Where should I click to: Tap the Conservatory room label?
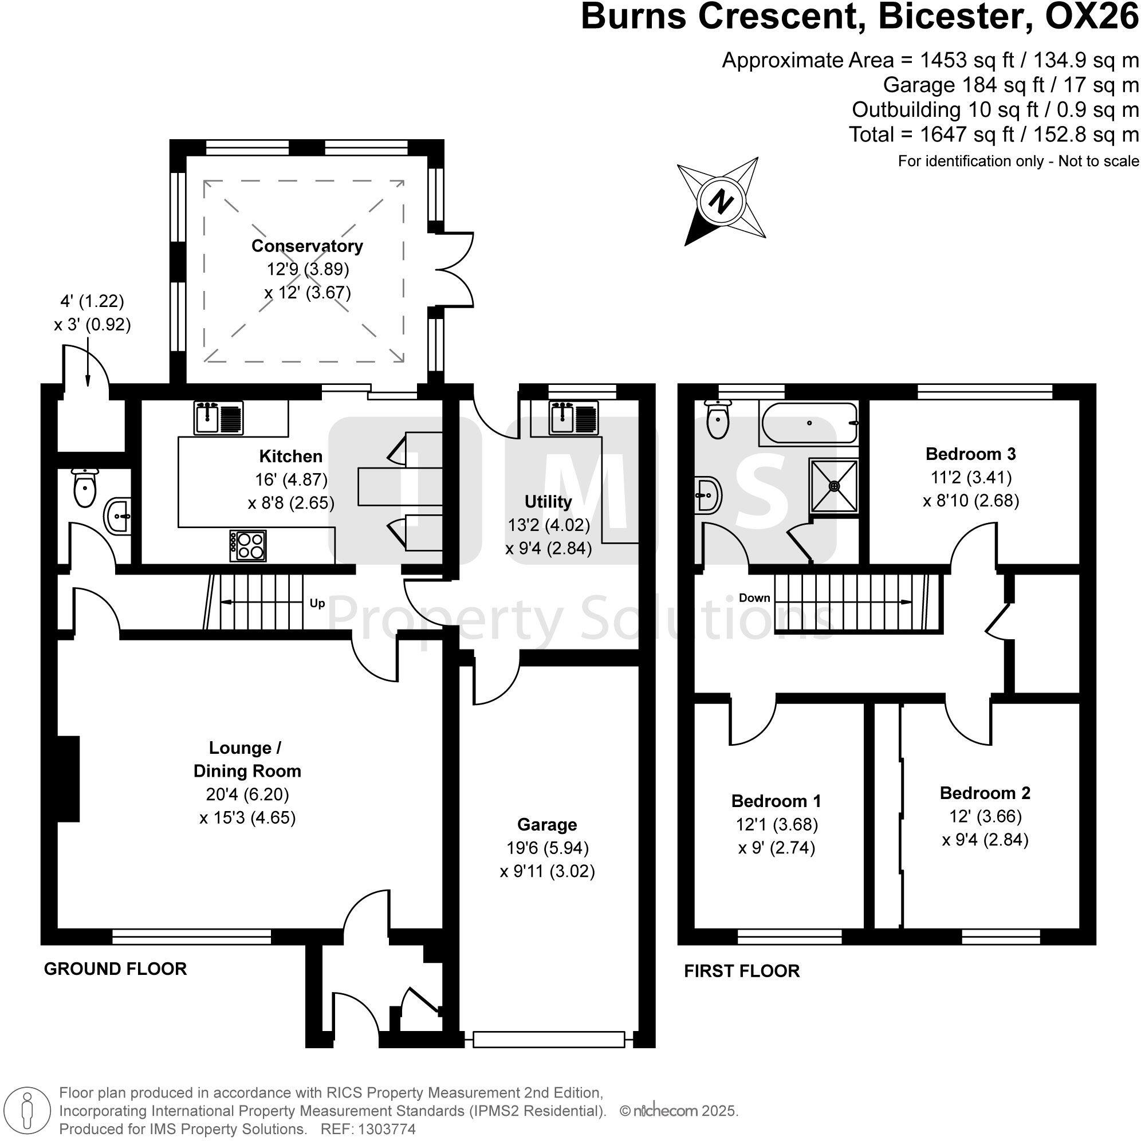pyautogui.click(x=306, y=246)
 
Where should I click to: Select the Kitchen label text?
pyautogui.click(x=290, y=456)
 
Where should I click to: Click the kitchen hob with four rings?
pyautogui.click(x=248, y=545)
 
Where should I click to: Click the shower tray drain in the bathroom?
pyautogui.click(x=835, y=486)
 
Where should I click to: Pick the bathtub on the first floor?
pyautogui.click(x=809, y=423)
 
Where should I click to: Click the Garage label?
pyautogui.click(x=547, y=824)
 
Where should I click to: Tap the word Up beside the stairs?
pyautogui.click(x=317, y=604)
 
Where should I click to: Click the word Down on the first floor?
pyautogui.click(x=754, y=597)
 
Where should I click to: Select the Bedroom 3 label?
pyautogui.click(x=970, y=454)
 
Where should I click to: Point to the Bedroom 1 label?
pyautogui.click(x=776, y=801)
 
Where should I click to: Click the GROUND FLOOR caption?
pyautogui.click(x=115, y=969)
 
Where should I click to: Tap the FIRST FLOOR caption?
pyautogui.click(x=742, y=971)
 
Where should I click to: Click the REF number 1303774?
pyautogui.click(x=384, y=1129)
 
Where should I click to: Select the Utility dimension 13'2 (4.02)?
pyautogui.click(x=549, y=525)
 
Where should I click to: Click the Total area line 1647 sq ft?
pyautogui.click(x=993, y=135)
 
